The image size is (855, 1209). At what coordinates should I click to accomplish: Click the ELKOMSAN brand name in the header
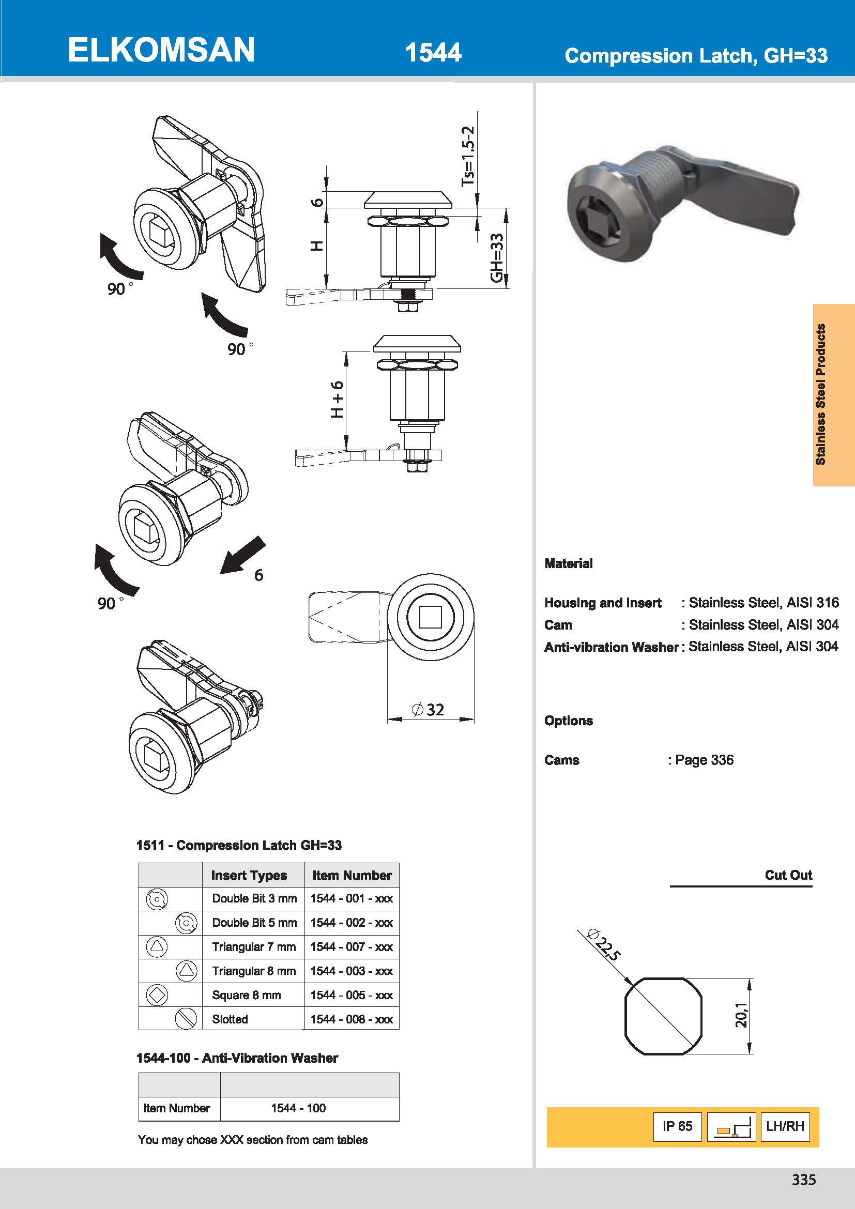[161, 50]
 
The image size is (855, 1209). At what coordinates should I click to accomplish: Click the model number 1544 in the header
[433, 53]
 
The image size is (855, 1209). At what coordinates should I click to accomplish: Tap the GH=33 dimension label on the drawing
[497, 257]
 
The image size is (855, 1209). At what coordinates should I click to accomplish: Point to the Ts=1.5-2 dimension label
[468, 156]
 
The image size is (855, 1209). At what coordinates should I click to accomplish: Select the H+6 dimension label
[337, 399]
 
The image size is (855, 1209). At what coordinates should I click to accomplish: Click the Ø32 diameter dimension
[428, 709]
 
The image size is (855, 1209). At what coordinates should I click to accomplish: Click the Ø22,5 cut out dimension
[603, 945]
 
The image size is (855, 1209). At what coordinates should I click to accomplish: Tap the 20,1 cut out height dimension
[741, 1015]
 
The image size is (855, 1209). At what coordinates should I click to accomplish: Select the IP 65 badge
[677, 1126]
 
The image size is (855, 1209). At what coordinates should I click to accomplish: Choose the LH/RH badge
[785, 1126]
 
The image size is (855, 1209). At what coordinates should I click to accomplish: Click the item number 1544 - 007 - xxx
[351, 947]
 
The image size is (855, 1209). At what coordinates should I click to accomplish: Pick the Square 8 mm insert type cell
[247, 995]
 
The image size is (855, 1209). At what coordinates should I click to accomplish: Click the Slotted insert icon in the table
[186, 1019]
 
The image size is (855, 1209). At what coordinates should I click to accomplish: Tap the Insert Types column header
[249, 875]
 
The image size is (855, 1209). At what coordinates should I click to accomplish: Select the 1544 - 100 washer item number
[298, 1108]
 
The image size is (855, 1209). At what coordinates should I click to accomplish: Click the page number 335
[803, 1180]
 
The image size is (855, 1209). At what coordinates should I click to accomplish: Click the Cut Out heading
[788, 875]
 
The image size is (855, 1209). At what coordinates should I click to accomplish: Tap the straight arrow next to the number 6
[242, 555]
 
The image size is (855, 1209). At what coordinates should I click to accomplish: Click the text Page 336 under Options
[704, 760]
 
